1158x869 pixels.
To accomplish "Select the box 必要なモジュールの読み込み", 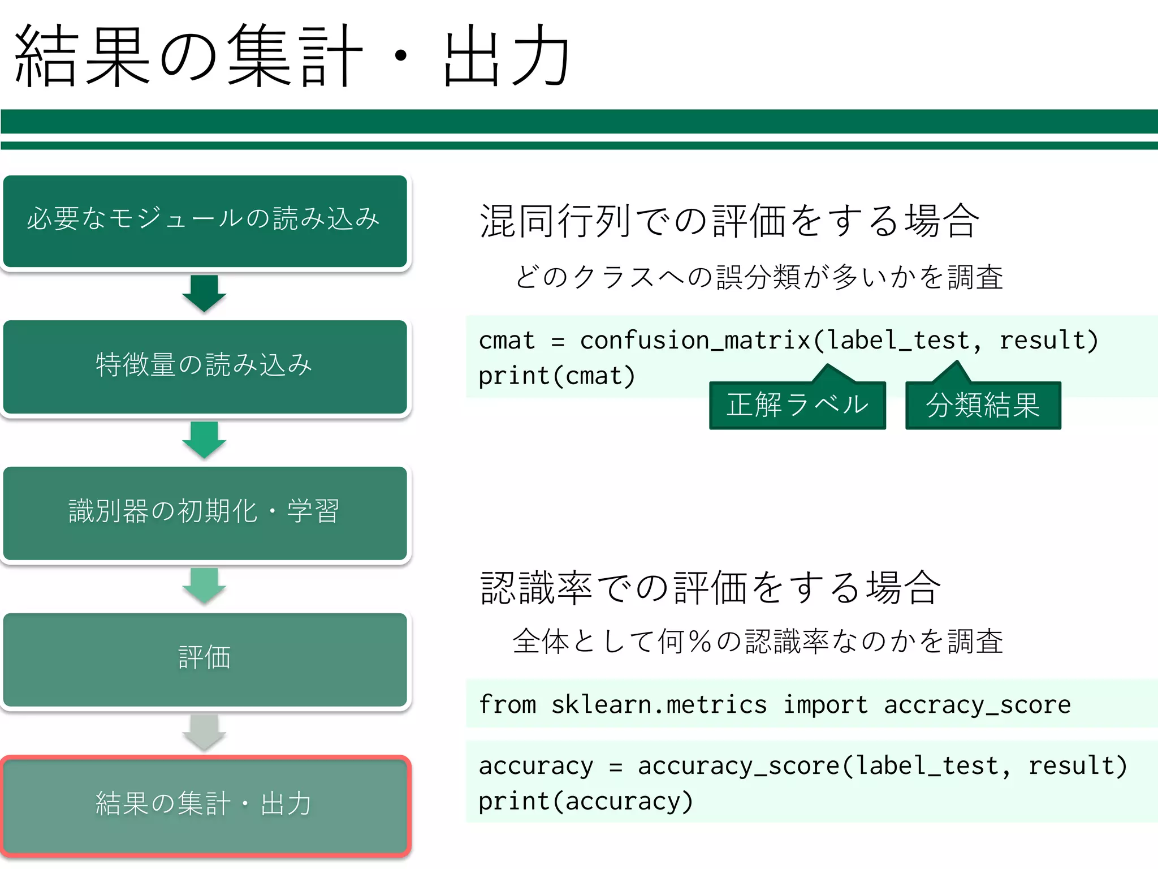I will pos(205,221).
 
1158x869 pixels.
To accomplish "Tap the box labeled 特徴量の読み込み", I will pos(205,366).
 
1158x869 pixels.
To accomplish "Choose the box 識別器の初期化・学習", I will pos(205,512).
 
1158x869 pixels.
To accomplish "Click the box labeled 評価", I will pos(205,659).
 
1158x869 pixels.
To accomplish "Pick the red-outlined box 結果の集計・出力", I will pos(205,805).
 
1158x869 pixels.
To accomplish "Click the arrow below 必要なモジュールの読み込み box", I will pos(204,293).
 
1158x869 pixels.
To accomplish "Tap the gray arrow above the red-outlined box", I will pos(204,732).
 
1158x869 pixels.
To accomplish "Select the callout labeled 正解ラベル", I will pos(797,405).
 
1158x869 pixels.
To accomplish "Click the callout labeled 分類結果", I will pos(983,405).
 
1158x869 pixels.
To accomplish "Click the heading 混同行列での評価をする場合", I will pos(729,221).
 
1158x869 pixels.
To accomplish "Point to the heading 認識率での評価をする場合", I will pos(711,588).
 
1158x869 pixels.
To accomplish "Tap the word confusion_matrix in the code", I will pos(695,341).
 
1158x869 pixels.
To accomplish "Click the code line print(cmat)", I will pos(557,376).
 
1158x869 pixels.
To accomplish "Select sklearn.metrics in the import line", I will pos(659,705).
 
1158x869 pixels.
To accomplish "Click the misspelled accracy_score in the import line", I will pos(977,705).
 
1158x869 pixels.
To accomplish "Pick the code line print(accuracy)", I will pos(585,802).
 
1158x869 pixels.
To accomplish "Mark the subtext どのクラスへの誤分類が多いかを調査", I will pos(759,277).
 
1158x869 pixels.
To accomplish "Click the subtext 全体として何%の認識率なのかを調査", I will pos(758,642).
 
